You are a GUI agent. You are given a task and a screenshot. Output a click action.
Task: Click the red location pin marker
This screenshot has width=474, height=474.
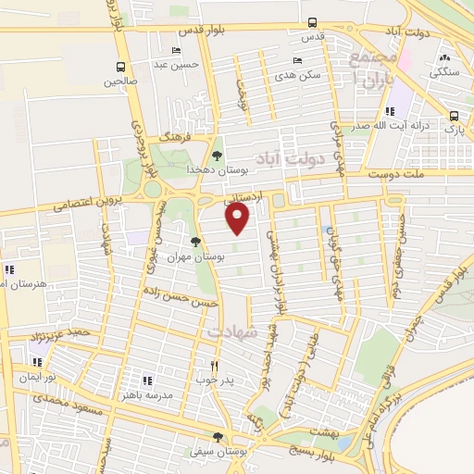(239, 218)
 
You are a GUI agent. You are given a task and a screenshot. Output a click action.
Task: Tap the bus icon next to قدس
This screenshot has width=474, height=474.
(312, 23)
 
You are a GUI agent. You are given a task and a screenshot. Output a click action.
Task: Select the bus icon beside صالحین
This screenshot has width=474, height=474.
(120, 67)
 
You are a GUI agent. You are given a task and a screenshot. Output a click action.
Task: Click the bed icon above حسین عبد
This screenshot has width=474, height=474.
(176, 50)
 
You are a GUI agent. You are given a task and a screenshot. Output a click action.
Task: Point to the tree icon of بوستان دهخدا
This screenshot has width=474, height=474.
(217, 156)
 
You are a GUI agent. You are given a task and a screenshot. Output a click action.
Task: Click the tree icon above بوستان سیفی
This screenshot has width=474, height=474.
(218, 437)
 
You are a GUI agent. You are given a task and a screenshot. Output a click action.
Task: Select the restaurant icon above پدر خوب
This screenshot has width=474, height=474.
(215, 366)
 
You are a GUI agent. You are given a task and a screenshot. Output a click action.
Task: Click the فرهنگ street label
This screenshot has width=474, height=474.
(172, 135)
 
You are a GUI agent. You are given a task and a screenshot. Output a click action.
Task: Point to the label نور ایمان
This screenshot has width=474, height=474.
(40, 378)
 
